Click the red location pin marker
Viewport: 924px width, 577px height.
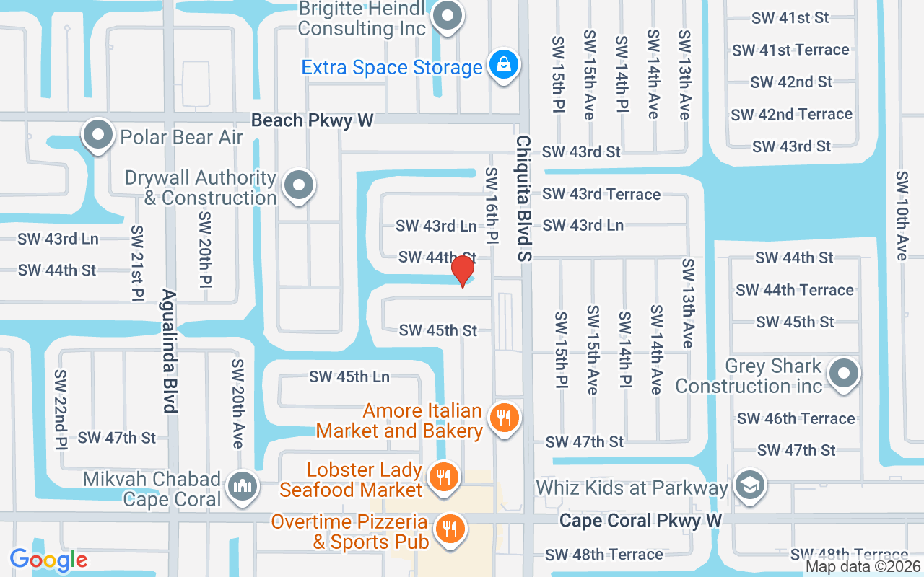[x=463, y=271]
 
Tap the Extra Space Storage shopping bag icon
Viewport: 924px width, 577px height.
[x=503, y=66]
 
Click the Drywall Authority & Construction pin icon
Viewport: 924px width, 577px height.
[x=298, y=185]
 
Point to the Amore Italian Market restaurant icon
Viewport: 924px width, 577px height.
[x=505, y=418]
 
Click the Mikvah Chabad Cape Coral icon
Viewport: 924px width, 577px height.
[x=243, y=488]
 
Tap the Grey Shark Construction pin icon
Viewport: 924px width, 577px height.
[x=842, y=374]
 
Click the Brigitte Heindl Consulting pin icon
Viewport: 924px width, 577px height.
[x=448, y=16]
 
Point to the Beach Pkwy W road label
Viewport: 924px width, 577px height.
[x=313, y=120]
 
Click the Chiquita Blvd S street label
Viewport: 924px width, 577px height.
[x=523, y=198]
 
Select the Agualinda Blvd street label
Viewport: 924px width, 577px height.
[x=169, y=351]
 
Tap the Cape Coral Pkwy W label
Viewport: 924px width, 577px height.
[x=640, y=521]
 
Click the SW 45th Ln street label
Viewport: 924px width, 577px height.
[x=349, y=376]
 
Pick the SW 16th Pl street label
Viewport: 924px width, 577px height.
[x=492, y=206]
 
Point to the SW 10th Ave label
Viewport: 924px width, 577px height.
[x=902, y=216]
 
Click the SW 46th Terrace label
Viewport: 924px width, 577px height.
[x=796, y=418]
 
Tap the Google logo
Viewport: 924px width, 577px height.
[x=48, y=560]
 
